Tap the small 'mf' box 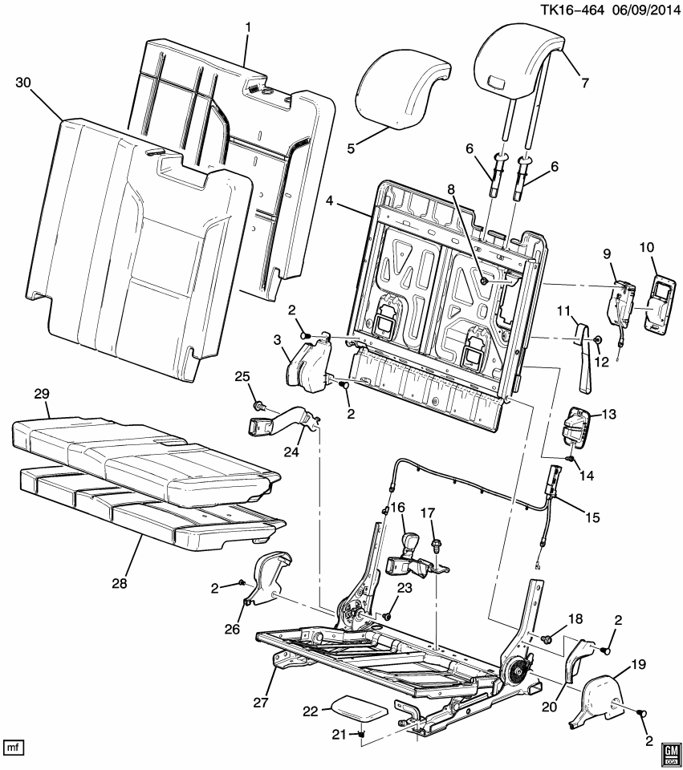click(14, 748)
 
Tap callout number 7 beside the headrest click(583, 81)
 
